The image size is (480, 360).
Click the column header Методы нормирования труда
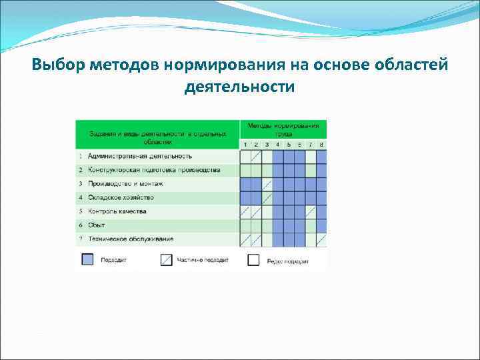click(x=283, y=129)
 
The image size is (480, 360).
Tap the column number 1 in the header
click(x=245, y=145)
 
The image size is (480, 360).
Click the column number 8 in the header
click(x=321, y=145)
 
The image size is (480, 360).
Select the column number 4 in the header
click(x=278, y=145)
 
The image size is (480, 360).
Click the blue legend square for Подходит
click(x=87, y=260)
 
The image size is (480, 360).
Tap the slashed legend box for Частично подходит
click(x=167, y=260)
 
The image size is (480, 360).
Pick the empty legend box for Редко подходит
click(x=253, y=260)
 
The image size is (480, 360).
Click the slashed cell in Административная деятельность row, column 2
click(x=256, y=156)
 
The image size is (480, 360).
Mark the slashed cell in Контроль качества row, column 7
click(x=311, y=211)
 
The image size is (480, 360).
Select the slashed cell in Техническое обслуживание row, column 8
click(x=321, y=239)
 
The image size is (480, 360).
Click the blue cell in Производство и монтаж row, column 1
click(x=245, y=183)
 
